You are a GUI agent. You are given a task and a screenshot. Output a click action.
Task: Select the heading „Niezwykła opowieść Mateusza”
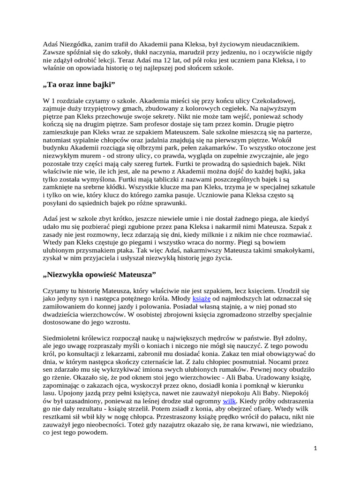99,273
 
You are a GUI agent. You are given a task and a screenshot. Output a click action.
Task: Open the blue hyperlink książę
202,298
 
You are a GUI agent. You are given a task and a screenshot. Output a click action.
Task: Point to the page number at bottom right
315,448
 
